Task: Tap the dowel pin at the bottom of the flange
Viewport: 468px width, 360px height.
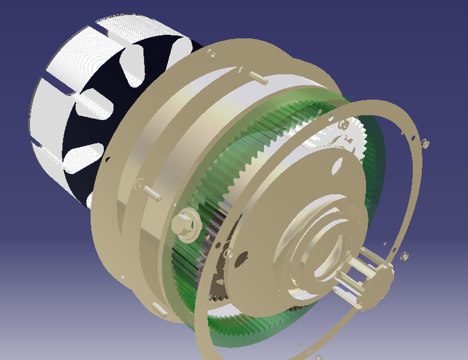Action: coord(159,310)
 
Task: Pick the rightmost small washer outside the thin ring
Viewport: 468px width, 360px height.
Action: coord(425,143)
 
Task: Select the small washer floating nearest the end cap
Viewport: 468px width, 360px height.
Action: coord(404,257)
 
